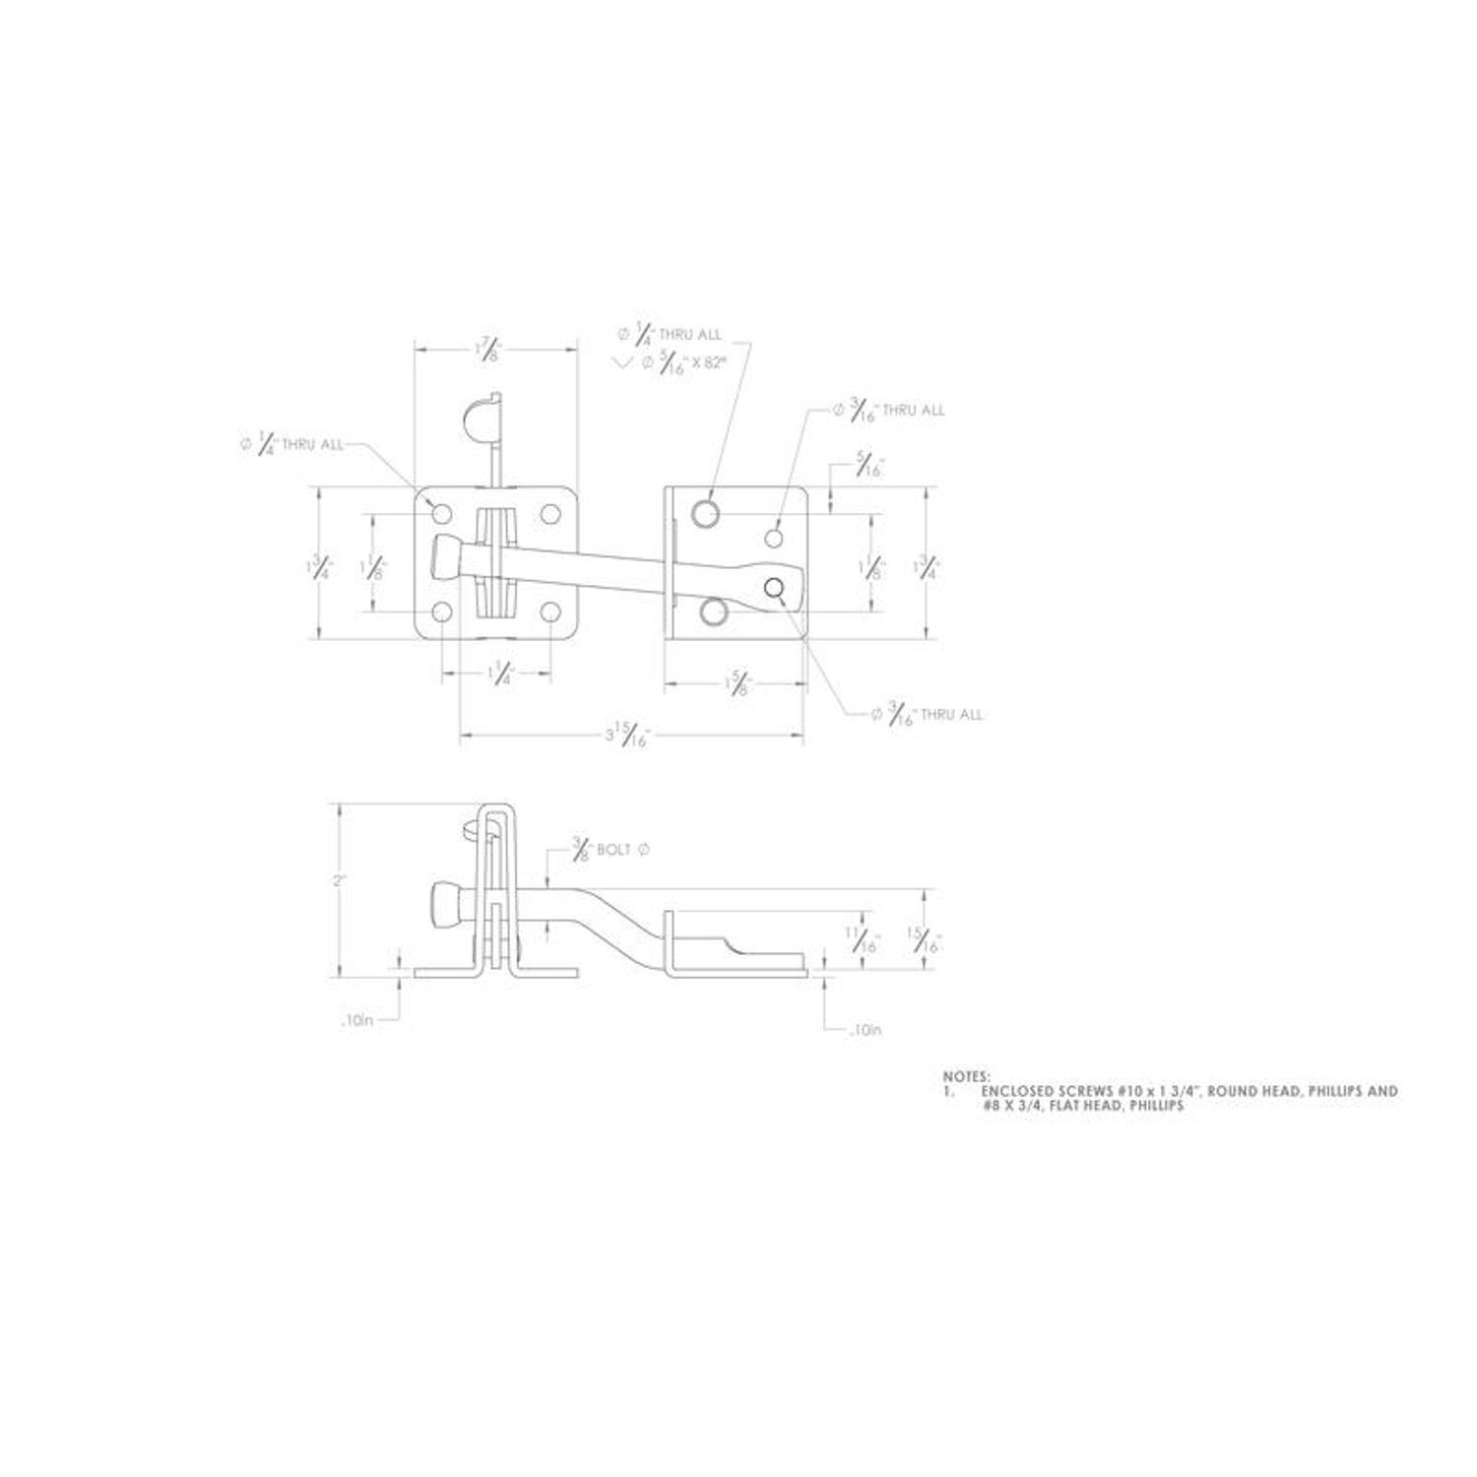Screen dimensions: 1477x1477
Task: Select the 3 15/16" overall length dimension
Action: tap(626, 735)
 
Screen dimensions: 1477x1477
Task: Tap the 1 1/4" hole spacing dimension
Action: tap(500, 674)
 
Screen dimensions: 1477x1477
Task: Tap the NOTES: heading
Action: tap(967, 1077)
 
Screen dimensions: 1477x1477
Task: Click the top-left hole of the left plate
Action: tap(442, 513)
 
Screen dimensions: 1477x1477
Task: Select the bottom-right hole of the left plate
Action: tap(549, 612)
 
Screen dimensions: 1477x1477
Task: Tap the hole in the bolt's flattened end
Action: tap(775, 588)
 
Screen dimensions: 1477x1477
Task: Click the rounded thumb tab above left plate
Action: tap(478, 418)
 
